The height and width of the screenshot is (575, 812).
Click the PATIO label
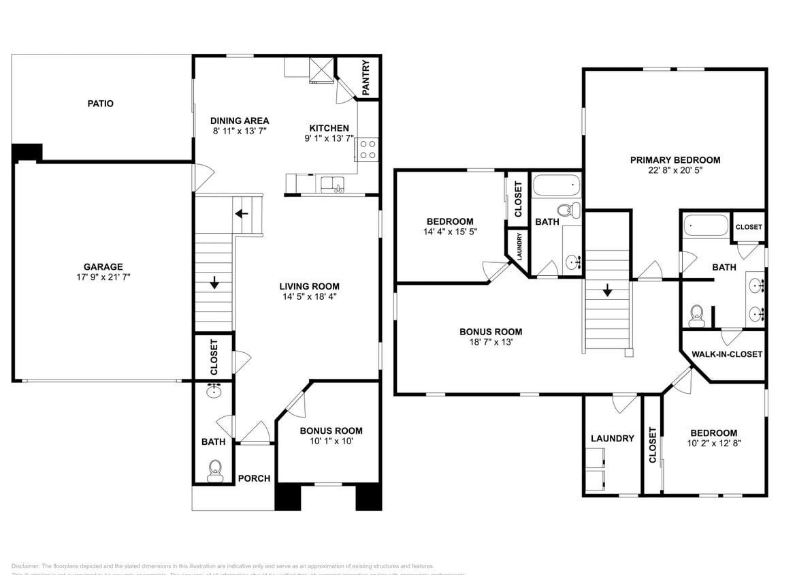pyautogui.click(x=100, y=104)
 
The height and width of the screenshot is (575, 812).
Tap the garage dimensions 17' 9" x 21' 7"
pyautogui.click(x=103, y=278)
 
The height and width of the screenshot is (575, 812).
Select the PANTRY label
pyautogui.click(x=366, y=77)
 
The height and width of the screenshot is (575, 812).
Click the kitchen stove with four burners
pyautogui.click(x=368, y=149)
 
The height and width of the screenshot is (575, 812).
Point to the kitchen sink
pyautogui.click(x=332, y=184)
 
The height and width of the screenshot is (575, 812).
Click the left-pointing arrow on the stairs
pyautogui.click(x=241, y=214)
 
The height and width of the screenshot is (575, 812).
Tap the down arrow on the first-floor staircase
pyautogui.click(x=214, y=282)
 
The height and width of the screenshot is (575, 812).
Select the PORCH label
pyautogui.click(x=254, y=478)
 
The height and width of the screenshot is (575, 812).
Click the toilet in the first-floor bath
pyautogui.click(x=215, y=470)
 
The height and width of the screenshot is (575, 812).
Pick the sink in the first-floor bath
pyautogui.click(x=214, y=390)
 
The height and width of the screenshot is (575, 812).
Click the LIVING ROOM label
pyautogui.click(x=310, y=286)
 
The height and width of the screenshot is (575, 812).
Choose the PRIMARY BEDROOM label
pyautogui.click(x=675, y=160)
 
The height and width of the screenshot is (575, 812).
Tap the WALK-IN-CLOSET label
pyautogui.click(x=726, y=354)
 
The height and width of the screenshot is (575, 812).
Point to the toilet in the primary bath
pyautogui.click(x=696, y=314)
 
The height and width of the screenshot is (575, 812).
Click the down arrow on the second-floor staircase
pyautogui.click(x=607, y=290)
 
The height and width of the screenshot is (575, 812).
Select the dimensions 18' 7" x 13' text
pyautogui.click(x=490, y=343)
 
